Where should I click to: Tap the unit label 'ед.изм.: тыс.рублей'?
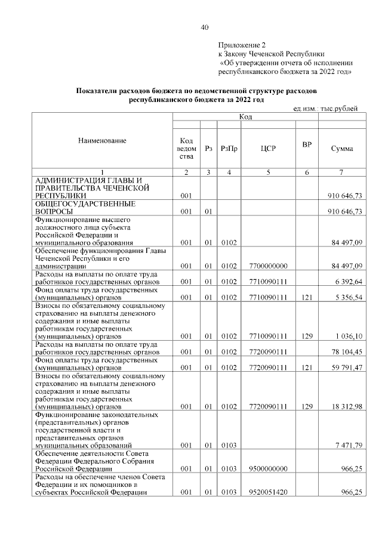326,109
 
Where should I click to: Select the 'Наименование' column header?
102,140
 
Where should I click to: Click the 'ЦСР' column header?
268,149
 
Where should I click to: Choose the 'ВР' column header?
307,144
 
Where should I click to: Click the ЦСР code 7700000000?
268,266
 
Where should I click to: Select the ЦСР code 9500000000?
268,469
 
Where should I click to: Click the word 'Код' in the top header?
245,116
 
